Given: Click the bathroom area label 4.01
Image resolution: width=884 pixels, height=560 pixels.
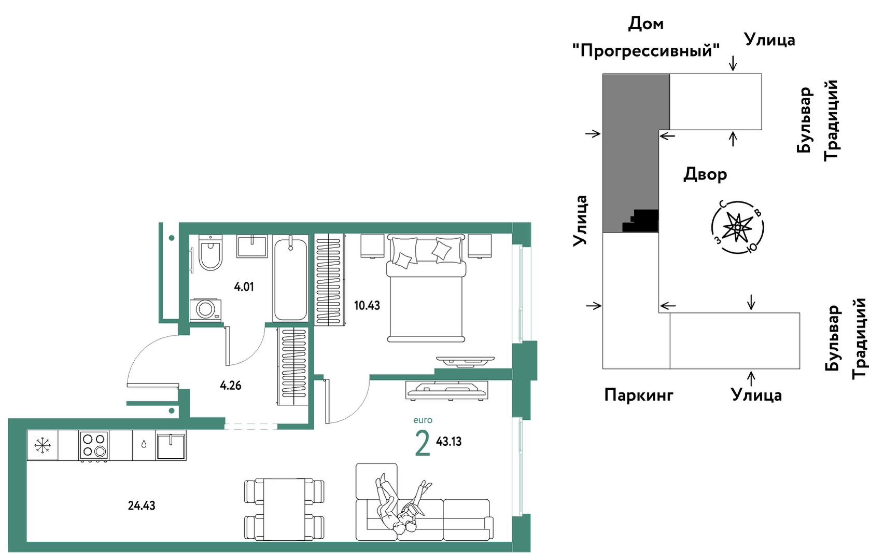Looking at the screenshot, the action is pyautogui.click(x=244, y=286).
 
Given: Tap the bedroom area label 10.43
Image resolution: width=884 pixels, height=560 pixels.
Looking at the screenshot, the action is pyautogui.click(x=367, y=305).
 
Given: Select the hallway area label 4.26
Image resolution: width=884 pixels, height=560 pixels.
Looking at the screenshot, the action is pyautogui.click(x=231, y=386).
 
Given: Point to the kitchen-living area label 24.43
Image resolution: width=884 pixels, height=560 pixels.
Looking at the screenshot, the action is pyautogui.click(x=142, y=506).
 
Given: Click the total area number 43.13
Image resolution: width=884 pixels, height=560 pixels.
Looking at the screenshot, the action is pyautogui.click(x=448, y=442).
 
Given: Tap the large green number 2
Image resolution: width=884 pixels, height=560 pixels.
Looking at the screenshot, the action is pyautogui.click(x=422, y=443).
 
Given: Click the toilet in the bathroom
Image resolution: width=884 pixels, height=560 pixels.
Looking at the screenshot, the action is pyautogui.click(x=211, y=253).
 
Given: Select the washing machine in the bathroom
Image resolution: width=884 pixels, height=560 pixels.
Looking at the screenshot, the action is pyautogui.click(x=205, y=310).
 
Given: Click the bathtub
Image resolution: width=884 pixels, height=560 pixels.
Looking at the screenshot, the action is pyautogui.click(x=290, y=278).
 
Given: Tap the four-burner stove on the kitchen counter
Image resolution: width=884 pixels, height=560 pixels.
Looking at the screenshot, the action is pyautogui.click(x=94, y=445).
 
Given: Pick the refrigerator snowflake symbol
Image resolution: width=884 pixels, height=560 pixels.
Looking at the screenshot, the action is pyautogui.click(x=42, y=445).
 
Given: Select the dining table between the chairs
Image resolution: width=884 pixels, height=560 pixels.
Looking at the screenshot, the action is pyautogui.click(x=284, y=510).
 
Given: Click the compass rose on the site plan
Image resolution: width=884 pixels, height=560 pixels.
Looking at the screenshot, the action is pyautogui.click(x=737, y=227).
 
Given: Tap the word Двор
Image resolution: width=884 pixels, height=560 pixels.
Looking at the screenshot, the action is pyautogui.click(x=705, y=174).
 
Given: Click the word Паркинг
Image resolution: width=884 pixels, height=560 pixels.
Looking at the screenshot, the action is pyautogui.click(x=639, y=394).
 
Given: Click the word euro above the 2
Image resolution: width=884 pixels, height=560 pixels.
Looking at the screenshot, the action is pyautogui.click(x=423, y=420).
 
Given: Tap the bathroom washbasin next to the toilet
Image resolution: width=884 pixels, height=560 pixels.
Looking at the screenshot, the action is pyautogui.click(x=252, y=247).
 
